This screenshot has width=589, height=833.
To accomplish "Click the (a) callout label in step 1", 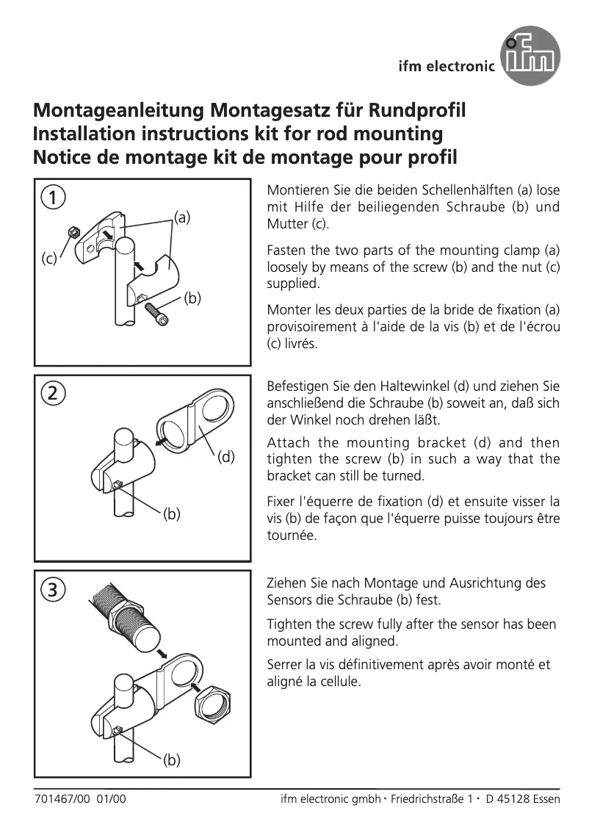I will coord(182,217).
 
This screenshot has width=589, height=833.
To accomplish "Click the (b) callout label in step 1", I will coord(192,297).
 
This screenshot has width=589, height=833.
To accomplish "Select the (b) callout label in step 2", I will coord(171,514).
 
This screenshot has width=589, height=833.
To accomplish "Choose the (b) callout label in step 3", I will coord(171,760).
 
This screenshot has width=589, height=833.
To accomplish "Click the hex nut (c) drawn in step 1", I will coord(73,232).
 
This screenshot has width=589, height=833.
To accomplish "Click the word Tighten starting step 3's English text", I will coord(289,624).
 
